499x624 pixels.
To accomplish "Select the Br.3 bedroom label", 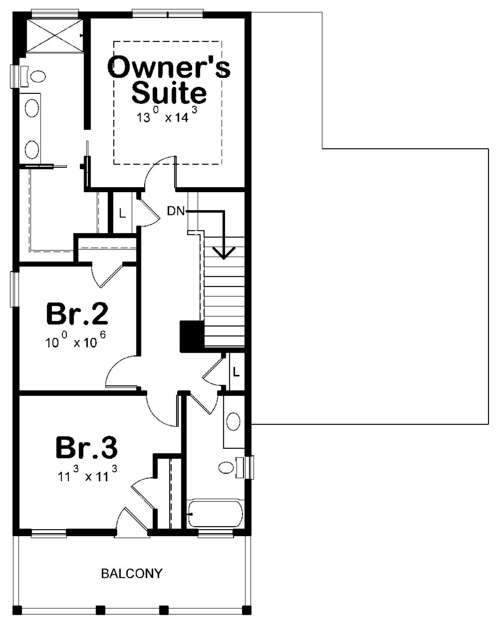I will tap(86, 447).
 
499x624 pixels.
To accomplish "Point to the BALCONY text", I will tap(132, 574).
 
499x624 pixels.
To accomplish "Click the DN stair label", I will tap(175, 211).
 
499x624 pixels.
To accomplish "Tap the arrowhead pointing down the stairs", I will tap(224, 253).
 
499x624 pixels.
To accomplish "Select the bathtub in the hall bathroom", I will tap(215, 514).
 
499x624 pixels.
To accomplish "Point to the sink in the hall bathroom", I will tap(233, 422).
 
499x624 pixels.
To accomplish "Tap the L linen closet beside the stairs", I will tap(236, 372).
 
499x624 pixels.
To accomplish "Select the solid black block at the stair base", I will tap(191, 336).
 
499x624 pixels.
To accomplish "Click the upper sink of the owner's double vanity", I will tap(32, 109).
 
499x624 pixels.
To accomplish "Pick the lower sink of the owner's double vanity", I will tap(32, 149).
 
